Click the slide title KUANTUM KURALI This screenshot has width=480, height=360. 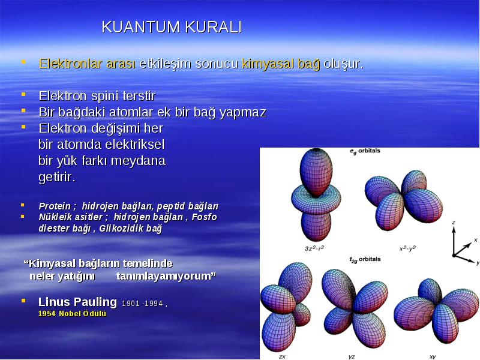coord(172,27)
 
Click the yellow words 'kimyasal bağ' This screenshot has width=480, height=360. coord(281,64)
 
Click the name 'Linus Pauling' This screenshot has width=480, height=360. coord(77,302)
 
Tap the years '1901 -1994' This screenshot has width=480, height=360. coord(142,304)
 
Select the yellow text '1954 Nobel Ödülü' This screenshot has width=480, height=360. coord(72,314)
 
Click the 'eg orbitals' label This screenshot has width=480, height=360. coord(365,151)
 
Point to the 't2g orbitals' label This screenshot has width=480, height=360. coord(365,259)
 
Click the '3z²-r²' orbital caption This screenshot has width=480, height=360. coord(314,248)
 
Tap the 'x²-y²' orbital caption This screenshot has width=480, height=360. coord(407,248)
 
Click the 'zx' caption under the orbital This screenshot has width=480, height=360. coord(282,356)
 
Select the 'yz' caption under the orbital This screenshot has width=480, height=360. coord(352,357)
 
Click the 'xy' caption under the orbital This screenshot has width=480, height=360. coord(433,356)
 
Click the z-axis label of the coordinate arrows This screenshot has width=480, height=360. coord(454,223)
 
